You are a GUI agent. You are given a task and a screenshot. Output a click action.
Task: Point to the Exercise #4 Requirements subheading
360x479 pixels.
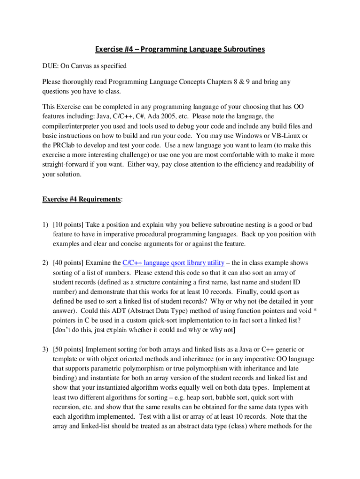81,199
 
